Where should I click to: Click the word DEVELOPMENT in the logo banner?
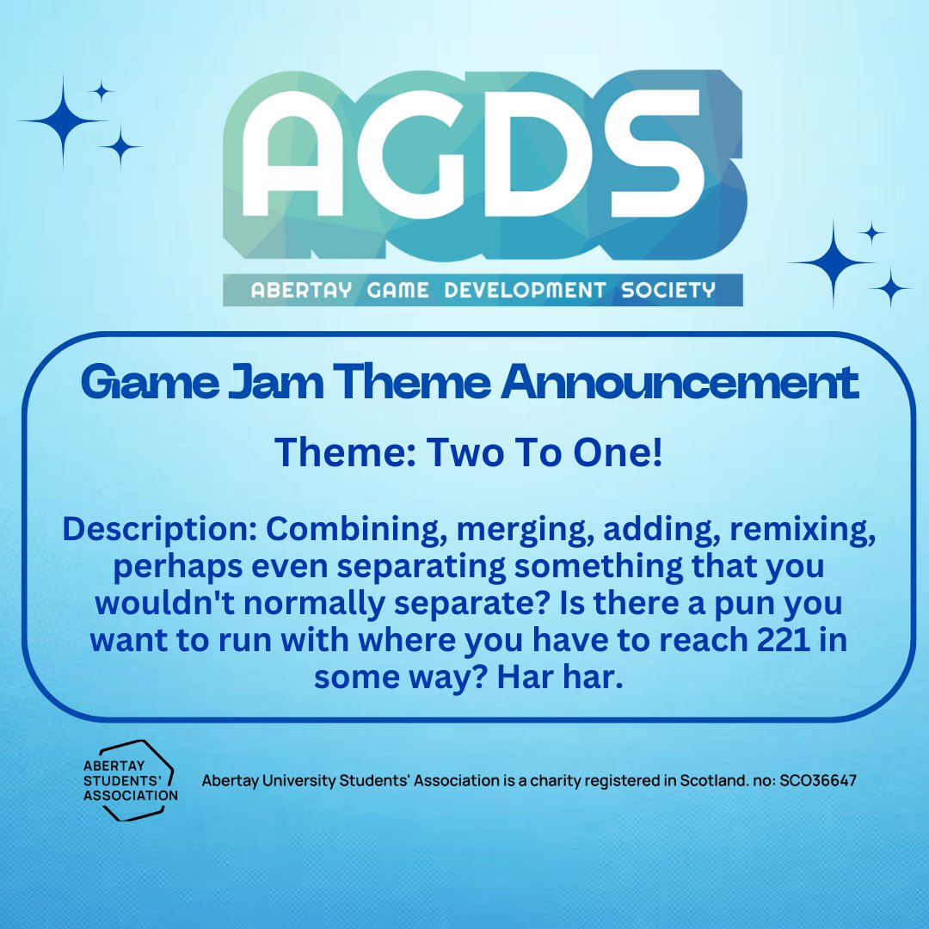(x=525, y=291)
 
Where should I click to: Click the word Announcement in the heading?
(x=680, y=384)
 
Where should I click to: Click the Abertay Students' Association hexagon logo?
(x=129, y=780)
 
